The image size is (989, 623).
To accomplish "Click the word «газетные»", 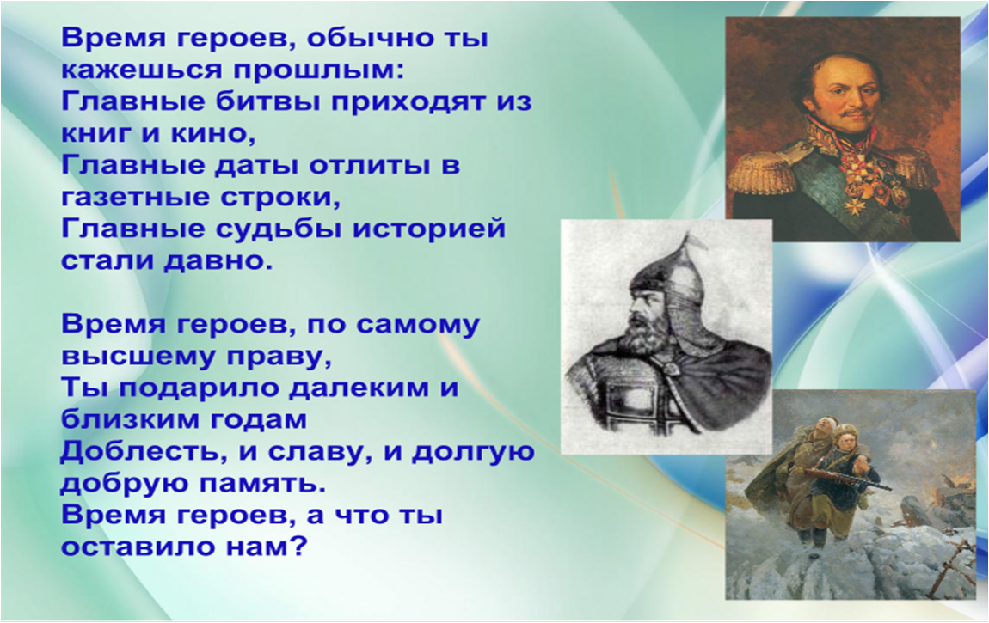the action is point(136,197).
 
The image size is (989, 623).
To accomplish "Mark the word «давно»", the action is point(218,260).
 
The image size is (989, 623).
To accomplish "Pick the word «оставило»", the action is point(138,546).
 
